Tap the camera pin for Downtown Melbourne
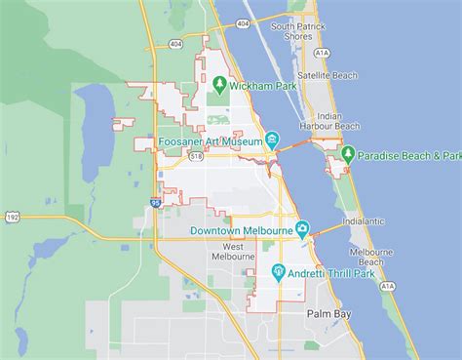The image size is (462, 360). [x=303, y=230]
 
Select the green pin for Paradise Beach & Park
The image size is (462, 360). [x=347, y=155]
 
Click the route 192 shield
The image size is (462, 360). [x=11, y=217]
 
